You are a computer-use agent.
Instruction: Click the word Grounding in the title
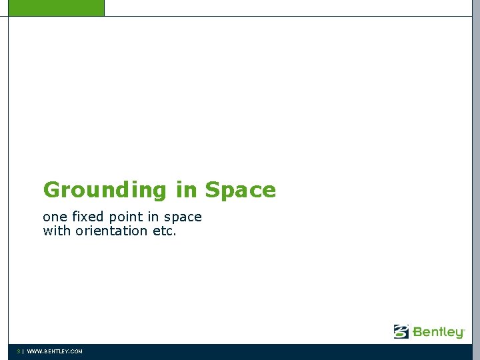coord(105,191)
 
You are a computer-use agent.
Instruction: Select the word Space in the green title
coord(240,191)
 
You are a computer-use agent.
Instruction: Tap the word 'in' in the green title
coord(187,190)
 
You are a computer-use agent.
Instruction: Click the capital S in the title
coord(213,190)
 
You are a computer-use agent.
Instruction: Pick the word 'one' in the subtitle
coord(55,217)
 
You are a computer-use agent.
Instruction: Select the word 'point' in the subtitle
coord(126,217)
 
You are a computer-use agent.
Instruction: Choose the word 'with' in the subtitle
coord(57,231)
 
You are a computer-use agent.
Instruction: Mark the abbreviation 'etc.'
coord(165,231)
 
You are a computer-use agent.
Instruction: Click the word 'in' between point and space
coord(153,217)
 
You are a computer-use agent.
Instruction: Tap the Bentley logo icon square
coord(401,331)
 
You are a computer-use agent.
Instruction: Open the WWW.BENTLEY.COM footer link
coord(55,351)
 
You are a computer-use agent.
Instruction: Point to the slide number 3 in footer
coord(19,351)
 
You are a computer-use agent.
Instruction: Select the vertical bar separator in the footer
coord(23,351)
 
